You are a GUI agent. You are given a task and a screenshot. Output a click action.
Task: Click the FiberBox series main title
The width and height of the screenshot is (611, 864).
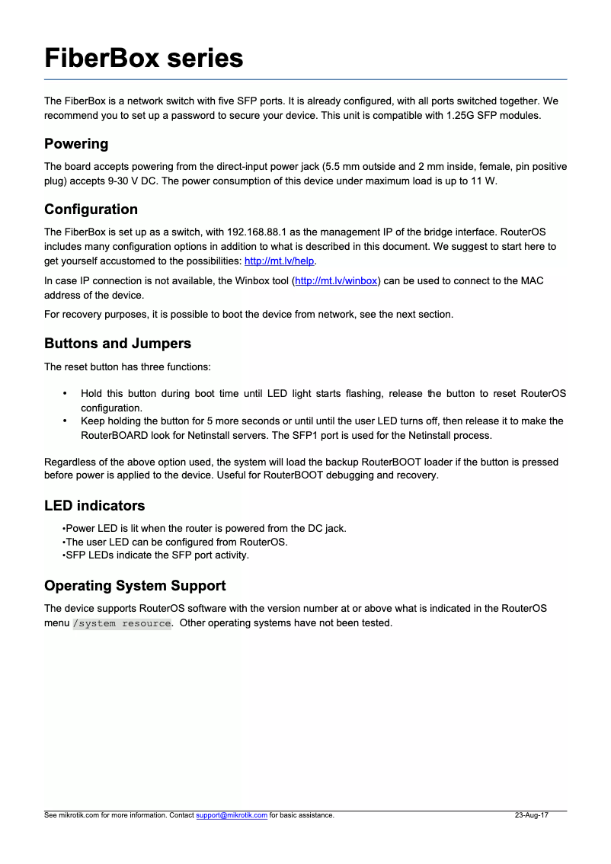click(x=144, y=58)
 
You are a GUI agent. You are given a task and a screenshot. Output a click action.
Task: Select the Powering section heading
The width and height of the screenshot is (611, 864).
click(x=76, y=144)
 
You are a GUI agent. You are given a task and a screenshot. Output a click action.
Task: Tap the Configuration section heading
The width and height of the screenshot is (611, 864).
click(x=91, y=210)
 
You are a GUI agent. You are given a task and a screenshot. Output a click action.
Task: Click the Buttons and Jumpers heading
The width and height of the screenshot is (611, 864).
click(x=117, y=344)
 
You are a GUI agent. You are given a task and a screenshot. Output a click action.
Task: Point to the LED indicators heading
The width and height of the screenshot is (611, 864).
click(x=94, y=506)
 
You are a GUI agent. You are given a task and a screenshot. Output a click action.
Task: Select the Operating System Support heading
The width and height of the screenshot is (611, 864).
click(x=135, y=586)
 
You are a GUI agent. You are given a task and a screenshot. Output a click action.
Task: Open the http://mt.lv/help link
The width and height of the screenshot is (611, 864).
click(x=279, y=261)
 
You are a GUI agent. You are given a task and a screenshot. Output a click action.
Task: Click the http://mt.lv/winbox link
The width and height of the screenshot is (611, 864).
click(x=336, y=281)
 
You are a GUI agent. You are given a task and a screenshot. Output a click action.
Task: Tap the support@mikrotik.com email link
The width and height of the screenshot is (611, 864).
click(x=232, y=815)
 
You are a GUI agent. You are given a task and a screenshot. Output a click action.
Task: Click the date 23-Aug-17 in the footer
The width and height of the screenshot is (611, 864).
click(x=531, y=815)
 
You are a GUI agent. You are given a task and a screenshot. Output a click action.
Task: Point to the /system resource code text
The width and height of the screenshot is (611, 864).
click(x=122, y=623)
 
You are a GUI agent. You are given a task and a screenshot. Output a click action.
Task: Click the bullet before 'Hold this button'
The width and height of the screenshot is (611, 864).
click(x=65, y=394)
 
